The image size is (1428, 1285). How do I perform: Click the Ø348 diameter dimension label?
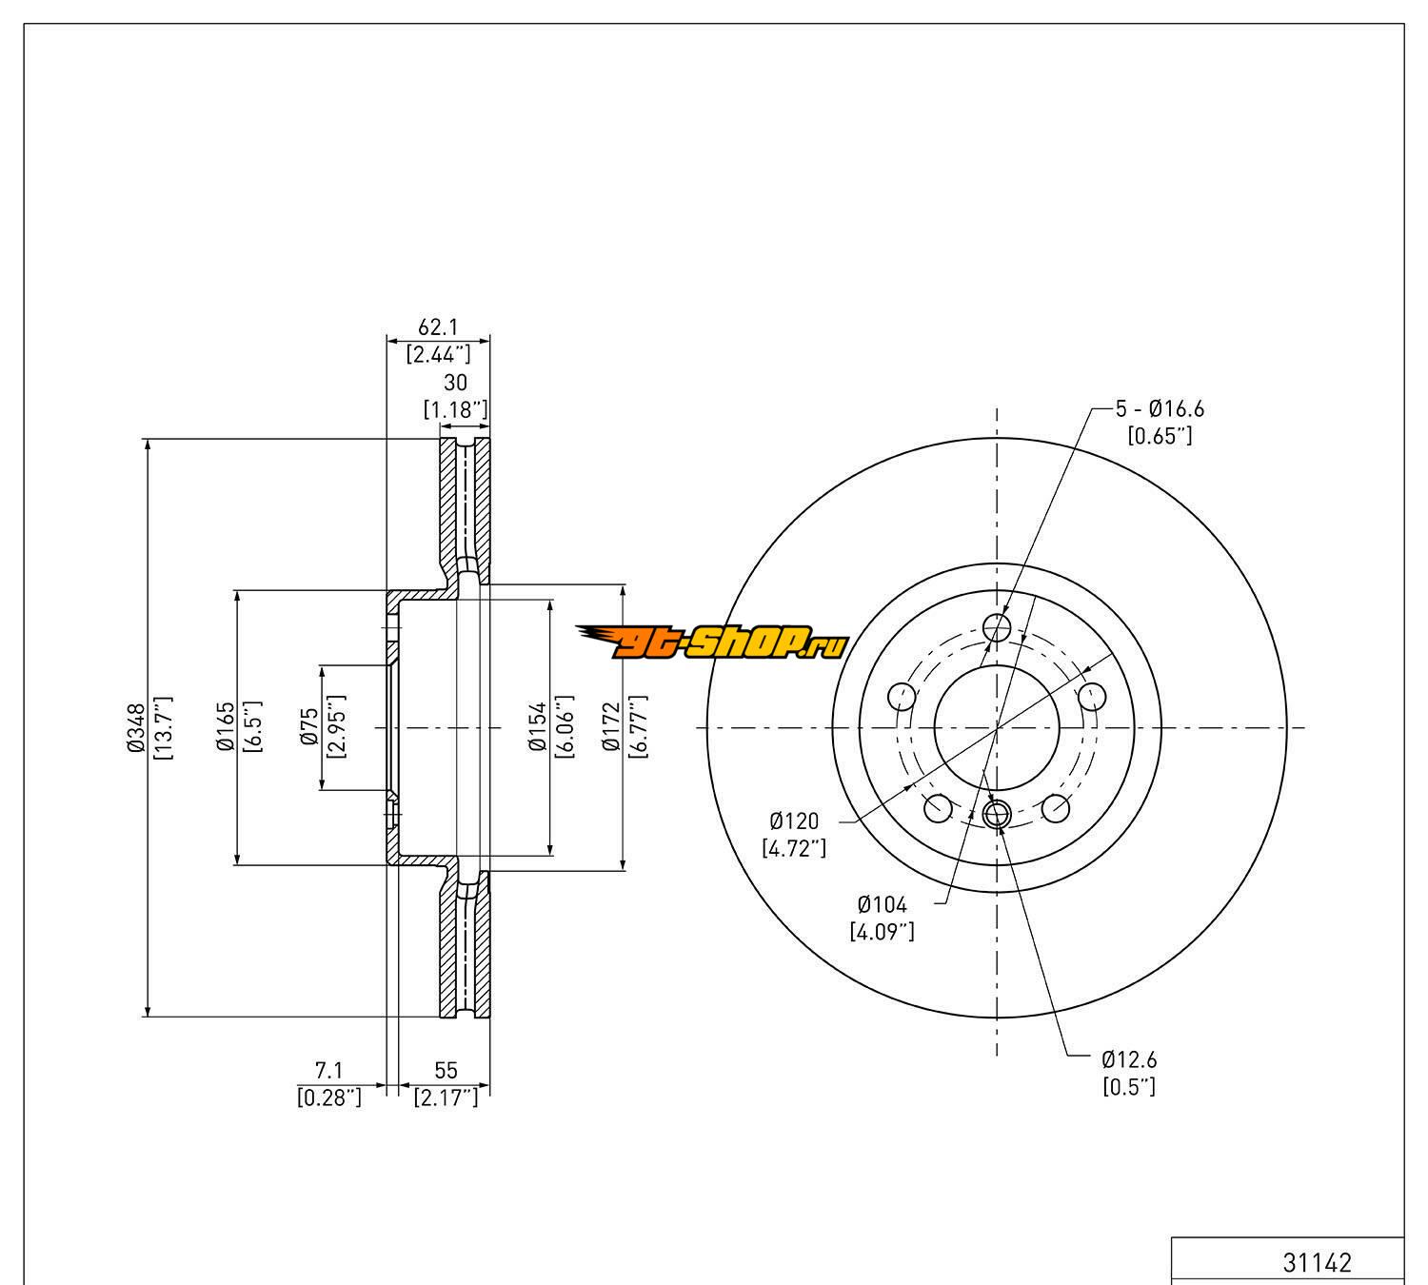tap(134, 728)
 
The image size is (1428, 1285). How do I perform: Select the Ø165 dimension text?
tap(226, 728)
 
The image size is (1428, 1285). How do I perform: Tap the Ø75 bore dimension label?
tap(308, 728)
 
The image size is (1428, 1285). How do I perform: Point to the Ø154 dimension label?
tap(538, 728)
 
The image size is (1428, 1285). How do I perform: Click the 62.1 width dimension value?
tap(438, 327)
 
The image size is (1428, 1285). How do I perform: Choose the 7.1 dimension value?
tap(328, 1071)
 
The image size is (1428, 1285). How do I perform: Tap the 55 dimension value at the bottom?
tap(445, 1071)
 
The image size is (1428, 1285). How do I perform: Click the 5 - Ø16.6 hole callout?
tap(1160, 409)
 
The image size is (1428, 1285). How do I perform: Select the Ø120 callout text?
tap(794, 820)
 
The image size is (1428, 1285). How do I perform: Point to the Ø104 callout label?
tap(883, 904)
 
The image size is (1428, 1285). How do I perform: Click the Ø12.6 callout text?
tap(1129, 1059)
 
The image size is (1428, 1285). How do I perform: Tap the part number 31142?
tap(1318, 1263)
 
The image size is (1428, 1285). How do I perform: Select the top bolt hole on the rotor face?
tap(997, 627)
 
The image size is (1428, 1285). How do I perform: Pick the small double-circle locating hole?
tap(997, 814)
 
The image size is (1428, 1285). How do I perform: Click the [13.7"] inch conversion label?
tap(162, 728)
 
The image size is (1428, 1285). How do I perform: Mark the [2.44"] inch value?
tap(438, 355)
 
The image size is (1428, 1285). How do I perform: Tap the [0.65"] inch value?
tap(1160, 437)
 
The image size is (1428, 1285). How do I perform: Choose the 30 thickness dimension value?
tap(456, 383)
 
